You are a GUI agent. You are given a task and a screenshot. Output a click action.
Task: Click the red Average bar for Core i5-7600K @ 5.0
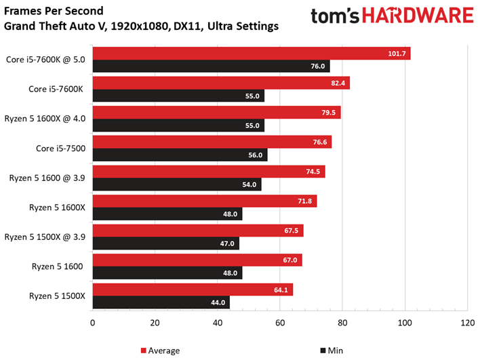pyautogui.click(x=252, y=54)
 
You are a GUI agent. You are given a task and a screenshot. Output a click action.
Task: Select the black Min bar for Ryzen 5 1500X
pyautogui.click(x=161, y=302)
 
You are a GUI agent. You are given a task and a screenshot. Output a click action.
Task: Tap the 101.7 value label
pyautogui.click(x=397, y=54)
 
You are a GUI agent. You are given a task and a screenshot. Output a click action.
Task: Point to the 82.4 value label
pyautogui.click(x=338, y=83)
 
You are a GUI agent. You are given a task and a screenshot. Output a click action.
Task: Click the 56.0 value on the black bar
pyautogui.click(x=256, y=155)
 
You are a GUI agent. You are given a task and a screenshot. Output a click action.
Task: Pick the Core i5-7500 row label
pyautogui.click(x=60, y=148)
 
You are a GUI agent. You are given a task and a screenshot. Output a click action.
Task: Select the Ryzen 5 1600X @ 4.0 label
pyautogui.click(x=45, y=119)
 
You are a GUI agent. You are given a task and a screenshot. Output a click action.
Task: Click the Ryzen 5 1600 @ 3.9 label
pyautogui.click(x=47, y=178)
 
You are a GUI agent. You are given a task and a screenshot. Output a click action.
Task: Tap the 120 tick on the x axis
pyautogui.click(x=467, y=323)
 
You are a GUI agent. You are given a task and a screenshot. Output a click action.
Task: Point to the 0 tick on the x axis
pyautogui.click(x=92, y=323)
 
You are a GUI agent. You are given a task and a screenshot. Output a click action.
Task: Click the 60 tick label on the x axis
pyautogui.click(x=280, y=323)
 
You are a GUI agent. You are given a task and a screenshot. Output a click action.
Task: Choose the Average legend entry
pyautogui.click(x=160, y=351)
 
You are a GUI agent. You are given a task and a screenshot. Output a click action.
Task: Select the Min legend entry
pyautogui.click(x=332, y=351)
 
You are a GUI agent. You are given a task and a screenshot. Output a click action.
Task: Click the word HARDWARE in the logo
pyautogui.click(x=418, y=16)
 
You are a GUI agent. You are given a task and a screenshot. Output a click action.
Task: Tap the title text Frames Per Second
pyautogui.click(x=54, y=11)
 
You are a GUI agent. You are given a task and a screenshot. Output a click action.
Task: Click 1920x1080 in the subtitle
pyautogui.click(x=139, y=26)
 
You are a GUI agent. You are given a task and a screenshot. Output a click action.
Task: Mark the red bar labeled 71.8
pyautogui.click(x=205, y=201)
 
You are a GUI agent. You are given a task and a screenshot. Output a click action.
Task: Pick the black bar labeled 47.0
pyautogui.click(x=166, y=243)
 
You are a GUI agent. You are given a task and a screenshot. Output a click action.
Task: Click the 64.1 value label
pyautogui.click(x=281, y=289)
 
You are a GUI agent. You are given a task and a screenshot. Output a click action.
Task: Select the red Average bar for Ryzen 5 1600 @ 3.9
pyautogui.click(x=209, y=172)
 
